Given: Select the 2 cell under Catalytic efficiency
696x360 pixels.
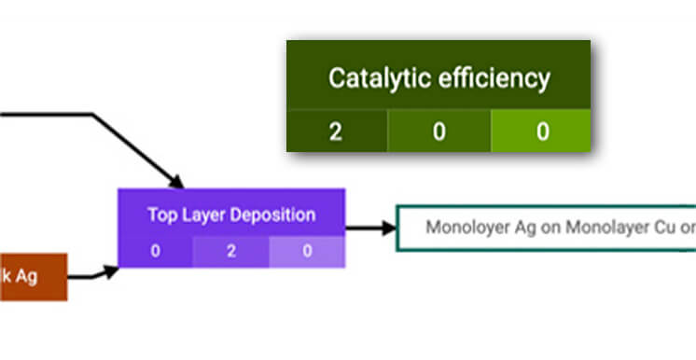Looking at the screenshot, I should click(336, 132).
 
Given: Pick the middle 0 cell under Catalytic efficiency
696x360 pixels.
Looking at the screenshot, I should click(438, 132).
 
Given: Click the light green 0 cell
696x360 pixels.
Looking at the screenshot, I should click(541, 132).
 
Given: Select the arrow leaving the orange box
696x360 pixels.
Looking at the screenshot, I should click(93, 274).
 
